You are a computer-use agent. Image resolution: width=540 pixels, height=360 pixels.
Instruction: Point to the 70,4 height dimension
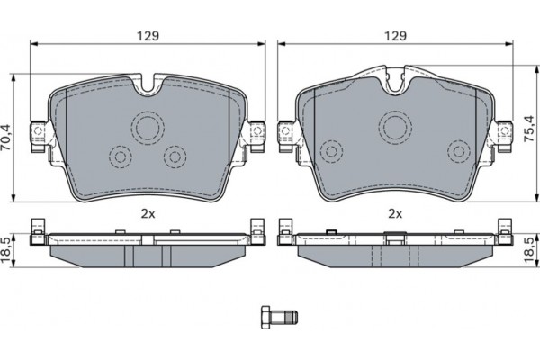click(8, 139)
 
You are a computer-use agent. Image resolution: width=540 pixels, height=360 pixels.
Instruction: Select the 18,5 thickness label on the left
click(8, 247)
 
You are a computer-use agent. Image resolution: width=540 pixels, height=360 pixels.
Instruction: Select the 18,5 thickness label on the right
click(531, 247)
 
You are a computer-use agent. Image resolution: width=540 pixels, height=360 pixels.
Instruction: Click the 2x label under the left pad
click(148, 213)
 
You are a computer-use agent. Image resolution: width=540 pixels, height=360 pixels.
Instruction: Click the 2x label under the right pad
click(394, 213)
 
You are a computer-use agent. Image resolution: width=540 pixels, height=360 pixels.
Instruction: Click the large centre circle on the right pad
click(394, 125)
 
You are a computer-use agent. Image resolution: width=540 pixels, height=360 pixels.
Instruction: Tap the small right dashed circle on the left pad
click(173, 156)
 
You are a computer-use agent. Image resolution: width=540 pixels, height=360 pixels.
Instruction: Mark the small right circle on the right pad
click(459, 148)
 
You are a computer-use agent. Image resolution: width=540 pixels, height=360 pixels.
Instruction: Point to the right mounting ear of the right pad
click(504, 133)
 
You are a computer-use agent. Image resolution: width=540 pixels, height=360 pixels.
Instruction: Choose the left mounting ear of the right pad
click(287, 133)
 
